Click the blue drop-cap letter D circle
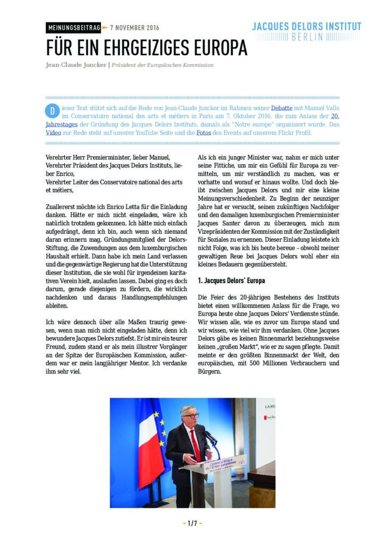point(52,111)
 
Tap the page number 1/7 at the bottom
point(192,523)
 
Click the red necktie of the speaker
point(196,444)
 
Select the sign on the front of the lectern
point(226,461)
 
